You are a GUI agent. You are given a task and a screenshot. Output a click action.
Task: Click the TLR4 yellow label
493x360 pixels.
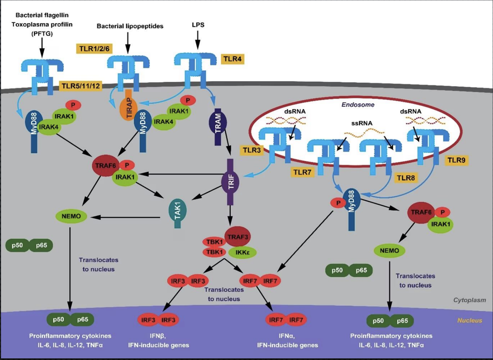[232, 59]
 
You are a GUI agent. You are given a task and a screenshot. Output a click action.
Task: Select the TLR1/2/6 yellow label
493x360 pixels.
[94, 49]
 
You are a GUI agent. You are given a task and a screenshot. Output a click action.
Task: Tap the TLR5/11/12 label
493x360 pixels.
[81, 86]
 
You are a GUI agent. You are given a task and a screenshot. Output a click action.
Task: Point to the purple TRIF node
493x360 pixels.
[230, 182]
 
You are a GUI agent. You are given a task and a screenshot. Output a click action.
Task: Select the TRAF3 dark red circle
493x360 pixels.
[237, 237]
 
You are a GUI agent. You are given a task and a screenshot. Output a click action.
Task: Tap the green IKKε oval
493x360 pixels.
[242, 252]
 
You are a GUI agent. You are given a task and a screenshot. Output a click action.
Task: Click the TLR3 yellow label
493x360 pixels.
[252, 150]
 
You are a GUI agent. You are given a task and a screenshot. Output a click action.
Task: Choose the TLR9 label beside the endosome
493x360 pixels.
[456, 160]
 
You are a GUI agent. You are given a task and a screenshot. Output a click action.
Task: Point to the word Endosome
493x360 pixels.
[358, 105]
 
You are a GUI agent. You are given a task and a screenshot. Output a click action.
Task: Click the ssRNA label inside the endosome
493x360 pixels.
[362, 123]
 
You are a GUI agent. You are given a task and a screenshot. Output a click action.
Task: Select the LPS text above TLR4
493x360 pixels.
[198, 25]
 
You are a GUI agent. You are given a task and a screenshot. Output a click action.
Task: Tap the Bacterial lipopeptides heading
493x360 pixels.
[130, 26]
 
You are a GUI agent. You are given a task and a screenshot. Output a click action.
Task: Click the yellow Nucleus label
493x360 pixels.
[469, 320]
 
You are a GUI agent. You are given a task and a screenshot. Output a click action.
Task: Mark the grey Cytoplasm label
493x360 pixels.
[469, 300]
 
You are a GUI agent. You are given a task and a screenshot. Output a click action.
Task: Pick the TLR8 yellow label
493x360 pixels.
[406, 178]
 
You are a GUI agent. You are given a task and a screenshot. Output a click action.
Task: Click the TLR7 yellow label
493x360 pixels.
[302, 172]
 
